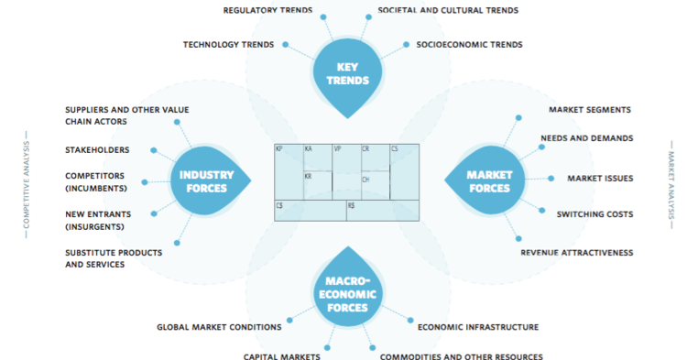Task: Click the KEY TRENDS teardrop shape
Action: [x=345, y=73]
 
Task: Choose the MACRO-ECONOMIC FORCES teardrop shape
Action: [x=345, y=291]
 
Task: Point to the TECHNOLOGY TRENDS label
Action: [x=229, y=44]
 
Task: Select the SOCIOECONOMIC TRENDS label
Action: [x=469, y=44]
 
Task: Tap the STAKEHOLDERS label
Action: [x=97, y=149]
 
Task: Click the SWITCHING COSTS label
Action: [x=594, y=214]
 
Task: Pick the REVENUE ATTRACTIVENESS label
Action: [x=577, y=252]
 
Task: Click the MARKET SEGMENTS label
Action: [x=590, y=110]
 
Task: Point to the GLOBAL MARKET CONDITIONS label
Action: [x=219, y=327]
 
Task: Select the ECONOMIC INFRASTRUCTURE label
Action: [x=478, y=327]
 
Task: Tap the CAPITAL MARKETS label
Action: [x=281, y=355]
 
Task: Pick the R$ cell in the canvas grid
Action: [x=381, y=211]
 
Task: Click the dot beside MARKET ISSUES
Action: [x=551, y=178]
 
